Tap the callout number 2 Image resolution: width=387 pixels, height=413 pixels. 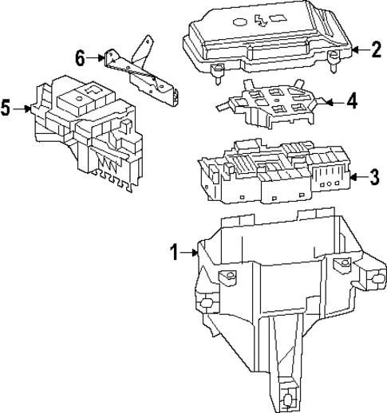[x=376, y=49]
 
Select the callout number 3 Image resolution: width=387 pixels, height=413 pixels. [x=375, y=176]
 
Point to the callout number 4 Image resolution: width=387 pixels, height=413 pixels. [x=352, y=102]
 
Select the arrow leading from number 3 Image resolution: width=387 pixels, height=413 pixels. [x=357, y=176]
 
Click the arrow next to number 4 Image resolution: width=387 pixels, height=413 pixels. [x=334, y=102]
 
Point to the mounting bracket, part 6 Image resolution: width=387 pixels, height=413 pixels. [x=144, y=68]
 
